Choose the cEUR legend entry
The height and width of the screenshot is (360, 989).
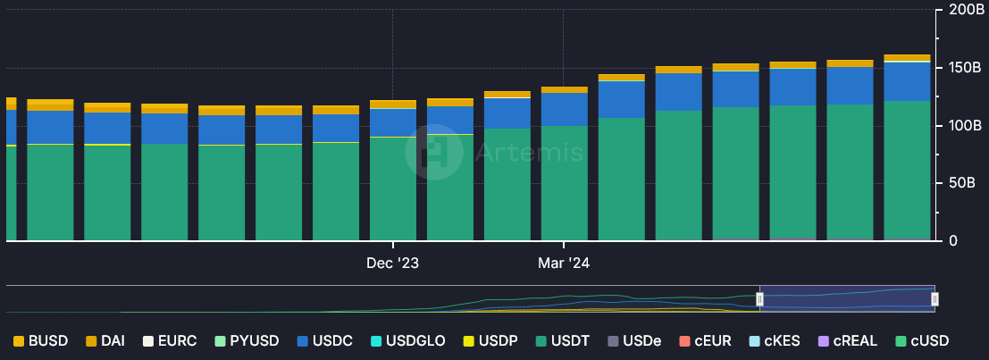[706, 341]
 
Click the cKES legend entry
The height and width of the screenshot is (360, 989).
[772, 341]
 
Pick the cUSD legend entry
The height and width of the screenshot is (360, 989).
[921, 341]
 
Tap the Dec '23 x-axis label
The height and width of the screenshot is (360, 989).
[393, 264]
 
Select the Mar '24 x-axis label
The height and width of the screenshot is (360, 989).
[564, 264]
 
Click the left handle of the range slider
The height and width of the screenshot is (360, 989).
[760, 299]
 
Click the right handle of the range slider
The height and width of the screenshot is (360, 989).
[935, 299]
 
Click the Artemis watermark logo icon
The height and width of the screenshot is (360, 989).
[433, 152]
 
